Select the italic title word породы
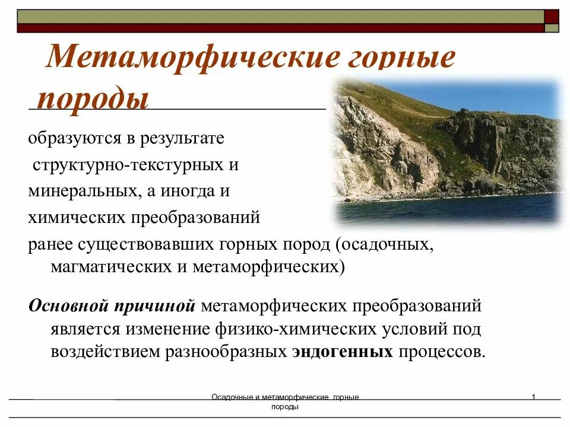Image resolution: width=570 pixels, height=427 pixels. pos(93,99)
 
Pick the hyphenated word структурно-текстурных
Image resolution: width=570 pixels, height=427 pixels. pos(128,165)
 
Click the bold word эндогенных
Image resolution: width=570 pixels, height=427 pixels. pos(343,351)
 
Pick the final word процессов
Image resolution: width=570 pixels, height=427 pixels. pos(442,351)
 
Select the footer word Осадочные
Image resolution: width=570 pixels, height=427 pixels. pos(232,397)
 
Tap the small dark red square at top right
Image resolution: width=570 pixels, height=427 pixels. pos(552,16)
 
